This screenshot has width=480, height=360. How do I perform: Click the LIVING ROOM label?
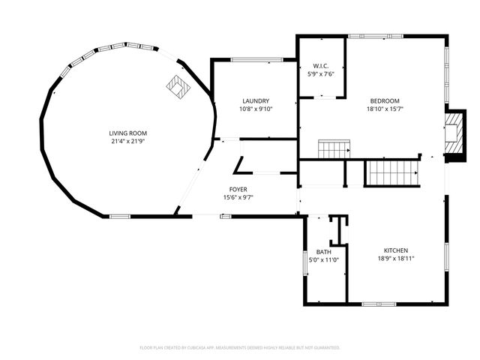tap(123, 133)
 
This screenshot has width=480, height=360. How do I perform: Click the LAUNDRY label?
tap(256, 101)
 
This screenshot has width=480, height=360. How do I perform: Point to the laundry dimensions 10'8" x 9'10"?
tap(256, 109)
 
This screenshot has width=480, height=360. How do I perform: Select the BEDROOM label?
tap(385, 101)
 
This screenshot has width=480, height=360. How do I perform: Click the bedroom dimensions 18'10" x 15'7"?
tap(385, 109)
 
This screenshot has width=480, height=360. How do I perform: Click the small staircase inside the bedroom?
tap(333, 148)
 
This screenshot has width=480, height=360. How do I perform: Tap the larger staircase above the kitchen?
tap(391, 173)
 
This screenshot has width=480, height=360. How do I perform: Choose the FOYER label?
tap(238, 190)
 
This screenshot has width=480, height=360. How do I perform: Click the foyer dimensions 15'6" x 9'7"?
tap(238, 198)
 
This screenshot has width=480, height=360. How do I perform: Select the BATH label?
tap(323, 252)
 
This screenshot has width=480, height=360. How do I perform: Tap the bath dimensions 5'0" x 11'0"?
tap(323, 260)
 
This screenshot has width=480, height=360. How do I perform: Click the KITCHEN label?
tap(396, 250)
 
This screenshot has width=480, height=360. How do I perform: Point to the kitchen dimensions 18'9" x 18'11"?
tap(396, 259)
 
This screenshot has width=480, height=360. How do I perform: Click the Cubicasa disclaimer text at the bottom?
tap(240, 348)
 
